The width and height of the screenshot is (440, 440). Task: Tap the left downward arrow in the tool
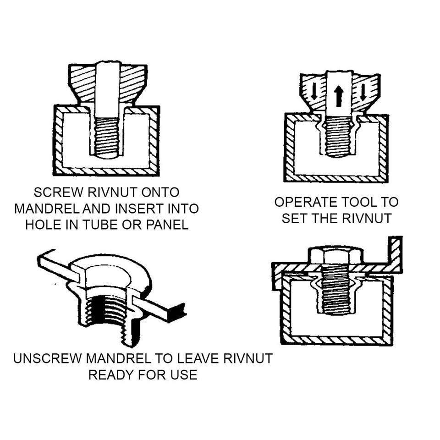(x=314, y=91)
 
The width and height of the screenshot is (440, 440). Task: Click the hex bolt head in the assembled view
(x=335, y=255)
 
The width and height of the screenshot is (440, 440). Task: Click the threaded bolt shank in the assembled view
(x=335, y=293)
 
